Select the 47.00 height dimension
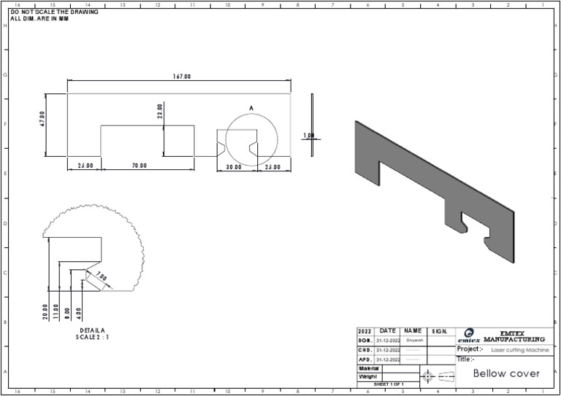point(42,120)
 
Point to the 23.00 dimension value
point(160,111)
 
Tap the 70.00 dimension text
point(140,166)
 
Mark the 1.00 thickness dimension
point(308,136)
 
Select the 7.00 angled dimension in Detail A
point(100,278)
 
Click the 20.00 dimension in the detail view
point(45,312)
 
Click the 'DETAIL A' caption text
point(93,330)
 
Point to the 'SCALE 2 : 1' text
point(93,337)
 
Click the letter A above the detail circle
point(251,108)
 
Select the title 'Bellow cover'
point(506,373)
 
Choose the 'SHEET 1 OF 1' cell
point(389,384)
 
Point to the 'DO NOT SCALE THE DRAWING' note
point(55,12)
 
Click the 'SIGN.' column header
point(440,331)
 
